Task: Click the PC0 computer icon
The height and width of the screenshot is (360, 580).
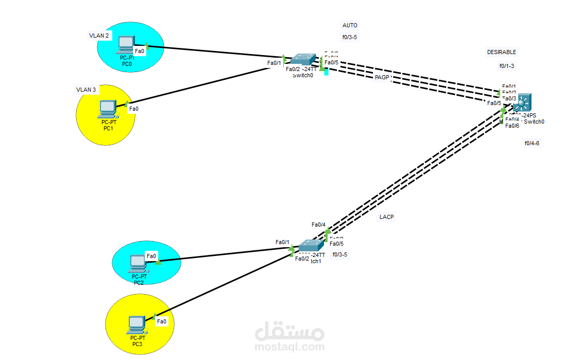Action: click(126, 44)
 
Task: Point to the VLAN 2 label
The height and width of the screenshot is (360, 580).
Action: click(99, 36)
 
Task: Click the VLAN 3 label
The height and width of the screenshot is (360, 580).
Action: click(86, 90)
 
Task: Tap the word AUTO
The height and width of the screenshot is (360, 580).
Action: click(350, 25)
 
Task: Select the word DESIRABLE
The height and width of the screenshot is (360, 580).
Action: click(501, 52)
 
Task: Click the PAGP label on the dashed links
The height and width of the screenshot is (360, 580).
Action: click(382, 77)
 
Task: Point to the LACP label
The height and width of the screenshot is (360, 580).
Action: click(386, 217)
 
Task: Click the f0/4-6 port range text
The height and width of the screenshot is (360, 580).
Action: click(532, 143)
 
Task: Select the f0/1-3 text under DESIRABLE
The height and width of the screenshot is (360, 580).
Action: click(506, 66)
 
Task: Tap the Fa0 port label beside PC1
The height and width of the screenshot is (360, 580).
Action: click(133, 109)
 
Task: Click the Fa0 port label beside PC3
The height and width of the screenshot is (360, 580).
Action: click(162, 321)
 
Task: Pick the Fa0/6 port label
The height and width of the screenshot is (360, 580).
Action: click(512, 126)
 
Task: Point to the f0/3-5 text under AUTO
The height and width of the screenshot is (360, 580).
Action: click(350, 37)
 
